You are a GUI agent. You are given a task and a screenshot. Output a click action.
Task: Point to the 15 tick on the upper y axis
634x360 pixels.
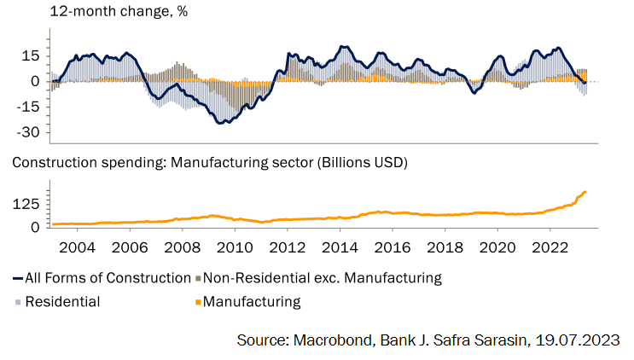tap(31, 55)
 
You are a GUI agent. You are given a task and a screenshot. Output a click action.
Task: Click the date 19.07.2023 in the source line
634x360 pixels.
tap(578, 340)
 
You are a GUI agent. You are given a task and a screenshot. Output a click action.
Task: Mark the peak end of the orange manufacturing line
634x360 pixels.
tap(585, 191)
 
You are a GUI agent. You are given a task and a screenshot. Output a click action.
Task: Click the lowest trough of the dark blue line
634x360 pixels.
tap(219, 124)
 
